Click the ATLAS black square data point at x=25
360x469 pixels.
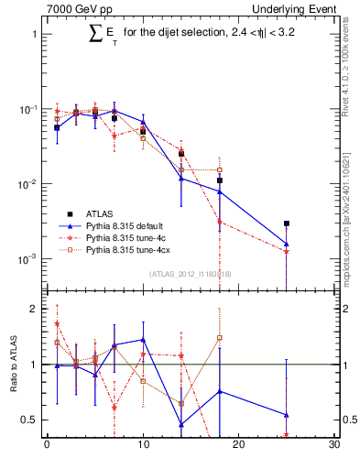pos(287,223)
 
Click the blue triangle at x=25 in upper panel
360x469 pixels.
pos(287,244)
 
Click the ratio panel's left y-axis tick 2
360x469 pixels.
pos(34,310)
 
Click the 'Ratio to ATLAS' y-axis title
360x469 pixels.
pos(14,365)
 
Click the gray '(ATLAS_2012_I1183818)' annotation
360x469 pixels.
pos(191,274)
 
